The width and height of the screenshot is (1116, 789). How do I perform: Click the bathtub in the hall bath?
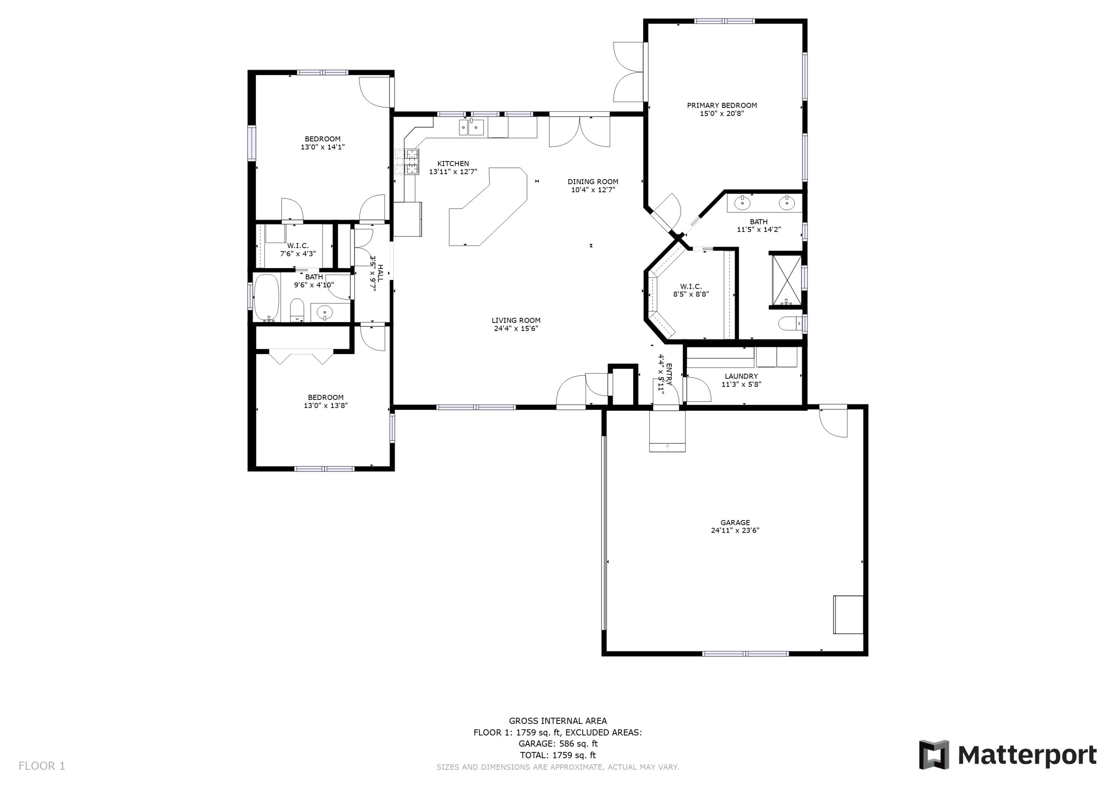266,298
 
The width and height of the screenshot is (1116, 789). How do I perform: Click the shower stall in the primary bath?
786,279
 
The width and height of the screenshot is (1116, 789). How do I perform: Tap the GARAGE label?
735,523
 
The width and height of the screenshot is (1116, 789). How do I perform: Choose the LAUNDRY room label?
741,376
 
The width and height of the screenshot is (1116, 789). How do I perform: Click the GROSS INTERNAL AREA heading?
558,721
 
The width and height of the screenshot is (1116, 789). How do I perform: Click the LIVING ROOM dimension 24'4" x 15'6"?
516,328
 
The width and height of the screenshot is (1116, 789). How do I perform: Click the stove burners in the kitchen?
406,162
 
